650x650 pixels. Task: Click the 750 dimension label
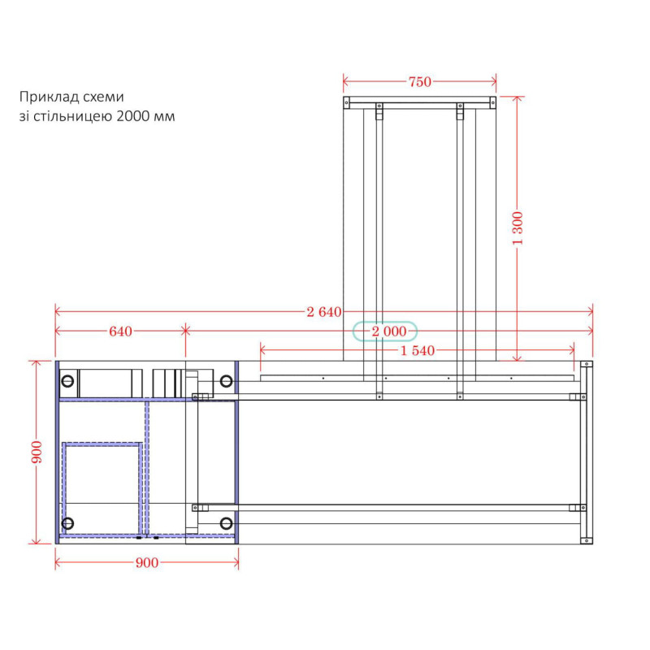coord(420,82)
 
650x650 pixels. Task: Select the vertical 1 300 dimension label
coord(518,228)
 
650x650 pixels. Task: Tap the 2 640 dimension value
coord(324,312)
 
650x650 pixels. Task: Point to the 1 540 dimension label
coord(418,351)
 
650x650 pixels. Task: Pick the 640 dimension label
coord(120,331)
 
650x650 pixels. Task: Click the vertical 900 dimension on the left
coord(37,453)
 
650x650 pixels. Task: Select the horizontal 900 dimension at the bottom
coord(147,562)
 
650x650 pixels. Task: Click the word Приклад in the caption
coord(49,97)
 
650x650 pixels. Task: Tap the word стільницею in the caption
coord(73,116)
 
